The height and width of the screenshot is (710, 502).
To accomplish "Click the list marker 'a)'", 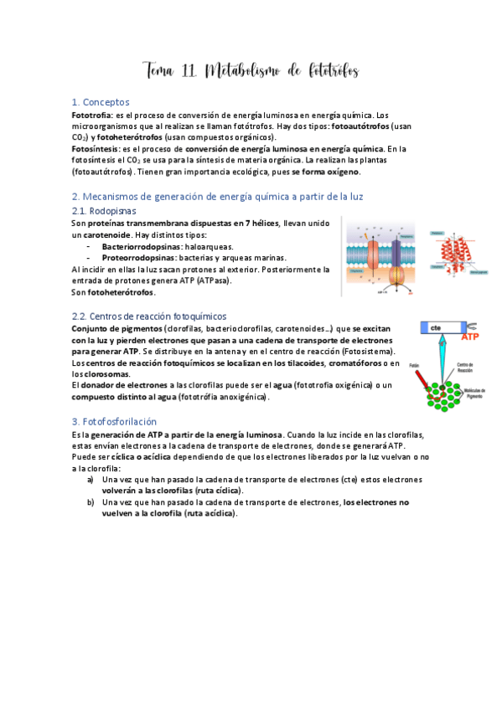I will (91, 479).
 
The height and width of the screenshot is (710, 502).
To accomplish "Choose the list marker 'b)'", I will (91, 502).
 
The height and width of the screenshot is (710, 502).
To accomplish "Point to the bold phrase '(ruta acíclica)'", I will (210, 513).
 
